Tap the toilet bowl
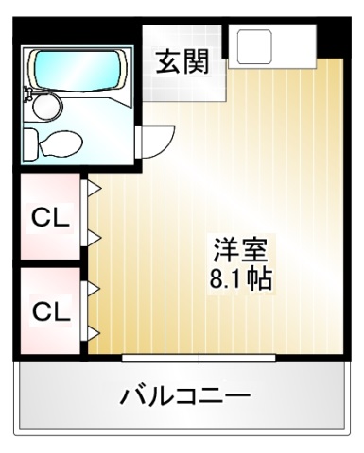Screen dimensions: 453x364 tap(59, 143)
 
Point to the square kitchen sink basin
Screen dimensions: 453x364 tap(254, 46)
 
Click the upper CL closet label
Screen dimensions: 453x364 tap(52, 218)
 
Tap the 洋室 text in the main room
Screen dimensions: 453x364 tap(239, 251)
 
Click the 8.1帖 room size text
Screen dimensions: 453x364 tap(239, 279)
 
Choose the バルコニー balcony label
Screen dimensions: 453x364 tap(184, 395)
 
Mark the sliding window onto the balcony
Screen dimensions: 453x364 tap(199, 358)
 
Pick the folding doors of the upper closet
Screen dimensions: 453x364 tap(93, 212)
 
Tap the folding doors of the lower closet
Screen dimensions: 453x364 tap(93, 307)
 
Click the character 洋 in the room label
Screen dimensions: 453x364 tap(225, 251)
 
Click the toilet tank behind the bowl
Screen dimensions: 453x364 tap(29, 143)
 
